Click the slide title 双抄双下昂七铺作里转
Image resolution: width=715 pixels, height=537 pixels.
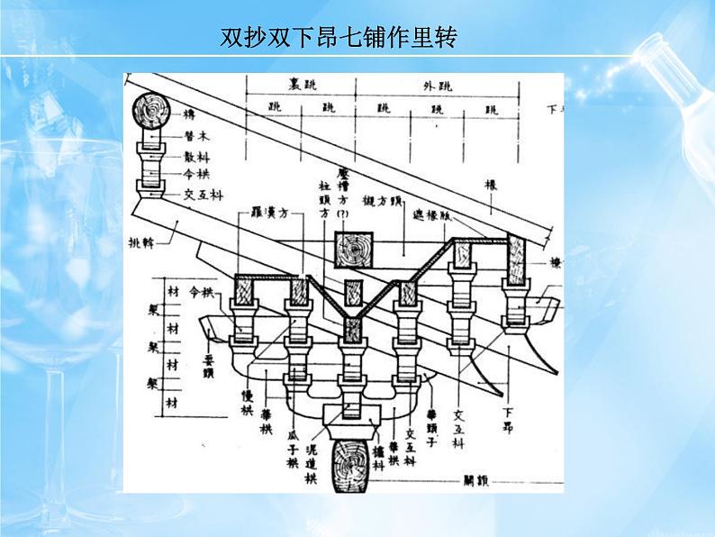click(x=338, y=39)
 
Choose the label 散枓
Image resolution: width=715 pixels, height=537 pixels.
click(x=197, y=157)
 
